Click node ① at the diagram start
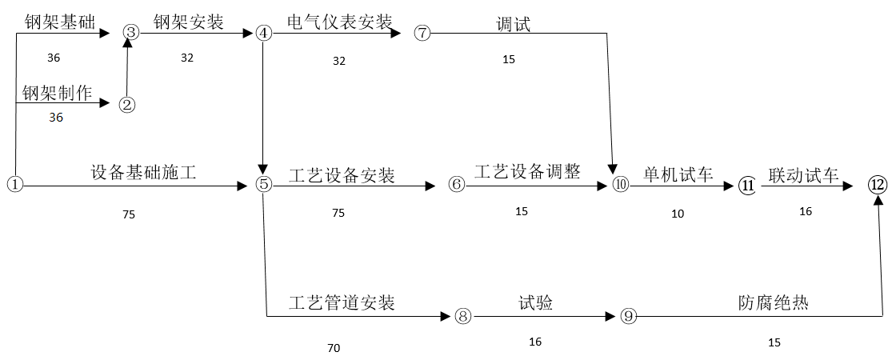pos(14,184)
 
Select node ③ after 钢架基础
pos(131,32)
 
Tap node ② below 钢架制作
pos(126,104)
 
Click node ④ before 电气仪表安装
pos(264,34)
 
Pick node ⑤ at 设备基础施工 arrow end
pos(264,184)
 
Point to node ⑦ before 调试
pos(423,34)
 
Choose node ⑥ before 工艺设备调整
pos(456,185)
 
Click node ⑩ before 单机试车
pos(621,185)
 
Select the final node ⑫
pos(878,185)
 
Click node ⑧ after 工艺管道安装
pos(462,315)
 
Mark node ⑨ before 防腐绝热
pos(629,316)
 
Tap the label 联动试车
pos(804,174)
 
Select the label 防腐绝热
pos(774,303)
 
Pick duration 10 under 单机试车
pos(678,214)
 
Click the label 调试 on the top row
pos(513,24)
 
